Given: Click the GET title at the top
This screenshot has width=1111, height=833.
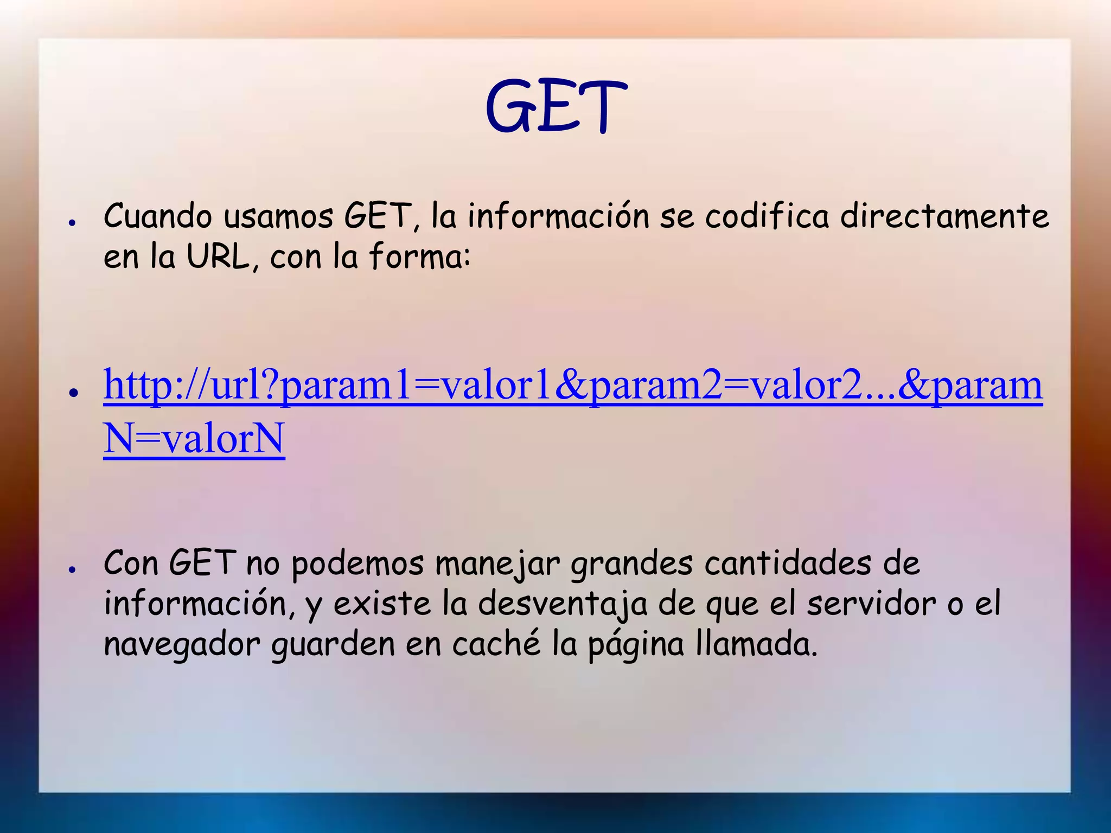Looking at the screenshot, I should pyautogui.click(x=555, y=106).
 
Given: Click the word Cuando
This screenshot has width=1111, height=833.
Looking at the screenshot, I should pyautogui.click(x=157, y=216).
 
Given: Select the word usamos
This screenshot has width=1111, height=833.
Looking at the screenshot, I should pyautogui.click(x=278, y=216).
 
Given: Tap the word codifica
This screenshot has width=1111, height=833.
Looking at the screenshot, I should pyautogui.click(x=767, y=216).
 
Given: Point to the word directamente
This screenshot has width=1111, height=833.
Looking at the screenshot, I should pyautogui.click(x=944, y=216).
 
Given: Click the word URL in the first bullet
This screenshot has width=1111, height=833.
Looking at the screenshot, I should pyautogui.click(x=218, y=257).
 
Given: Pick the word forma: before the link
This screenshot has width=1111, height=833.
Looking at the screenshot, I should pyautogui.click(x=419, y=257).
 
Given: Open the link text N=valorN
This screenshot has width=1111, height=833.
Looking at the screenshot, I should pyautogui.click(x=194, y=438).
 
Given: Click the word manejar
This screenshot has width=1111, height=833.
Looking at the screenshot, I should pyautogui.click(x=497, y=564).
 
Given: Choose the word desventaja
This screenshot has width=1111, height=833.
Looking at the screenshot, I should pyautogui.click(x=563, y=604).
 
